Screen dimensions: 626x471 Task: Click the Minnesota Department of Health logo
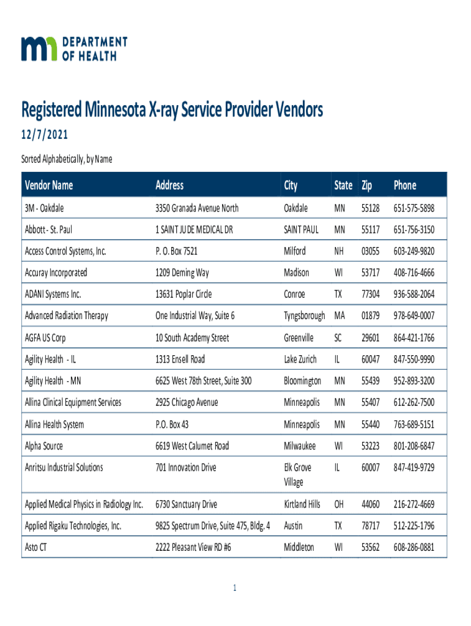pos(74,48)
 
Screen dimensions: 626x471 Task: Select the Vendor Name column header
pos(48,185)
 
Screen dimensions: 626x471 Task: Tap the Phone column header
pos(405,185)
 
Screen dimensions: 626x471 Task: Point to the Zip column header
pos(367,185)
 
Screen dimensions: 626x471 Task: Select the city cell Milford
pos(295,251)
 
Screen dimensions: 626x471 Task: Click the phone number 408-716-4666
pos(414,273)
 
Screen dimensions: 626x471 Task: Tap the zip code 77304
pos(370,294)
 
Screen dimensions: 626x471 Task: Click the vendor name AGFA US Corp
pos(45,337)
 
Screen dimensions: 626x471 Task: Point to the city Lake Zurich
pos(300,359)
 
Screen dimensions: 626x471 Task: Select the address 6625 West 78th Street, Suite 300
pos(204,381)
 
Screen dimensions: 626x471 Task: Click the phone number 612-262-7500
pos(414,402)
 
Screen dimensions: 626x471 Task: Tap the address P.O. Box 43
pos(176,424)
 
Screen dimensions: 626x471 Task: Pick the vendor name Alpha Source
pos(43,446)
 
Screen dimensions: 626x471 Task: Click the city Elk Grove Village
pos(297,474)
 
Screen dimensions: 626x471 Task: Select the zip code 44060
pos(370,504)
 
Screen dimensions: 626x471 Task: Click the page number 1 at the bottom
pos(234,588)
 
